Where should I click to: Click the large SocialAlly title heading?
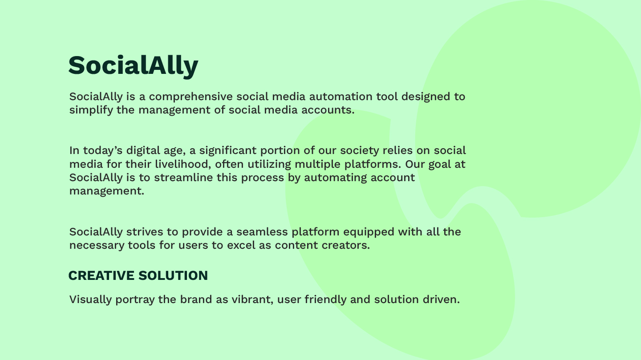click(x=134, y=66)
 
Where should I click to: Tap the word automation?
click(x=341, y=97)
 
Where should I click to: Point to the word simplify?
click(x=91, y=110)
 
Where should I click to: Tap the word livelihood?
click(x=183, y=164)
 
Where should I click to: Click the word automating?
click(x=335, y=178)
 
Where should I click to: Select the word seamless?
click(x=262, y=232)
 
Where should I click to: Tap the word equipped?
click(x=369, y=232)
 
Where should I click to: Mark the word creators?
click(x=346, y=246)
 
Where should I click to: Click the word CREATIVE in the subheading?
click(x=101, y=275)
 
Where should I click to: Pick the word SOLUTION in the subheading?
click(x=173, y=275)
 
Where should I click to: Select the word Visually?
click(x=90, y=299)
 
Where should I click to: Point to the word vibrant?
click(x=252, y=299)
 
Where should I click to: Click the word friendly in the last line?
click(x=326, y=299)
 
